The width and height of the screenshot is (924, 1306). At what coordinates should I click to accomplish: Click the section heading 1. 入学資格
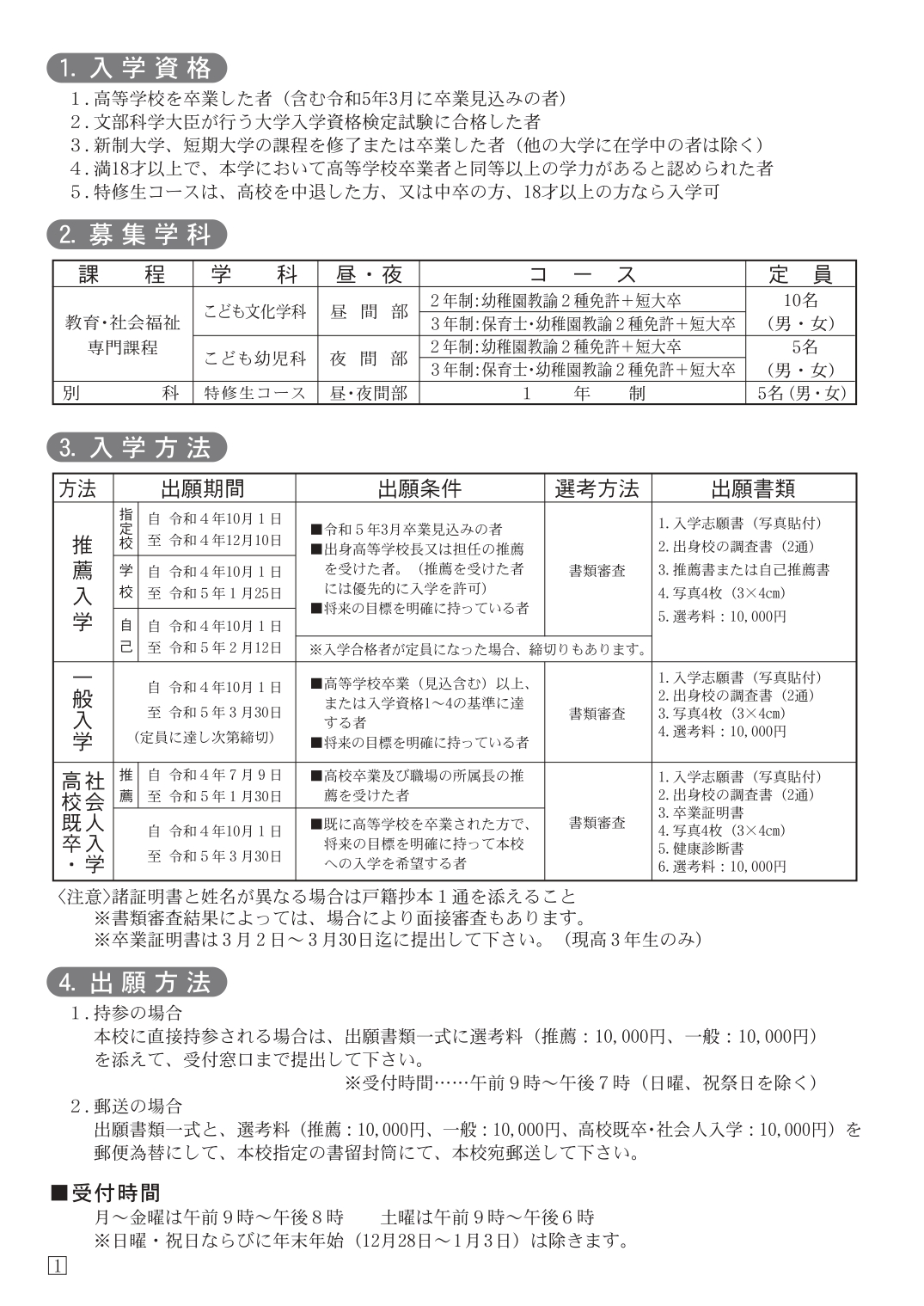(138, 68)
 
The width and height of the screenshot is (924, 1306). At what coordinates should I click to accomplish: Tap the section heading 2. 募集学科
(138, 235)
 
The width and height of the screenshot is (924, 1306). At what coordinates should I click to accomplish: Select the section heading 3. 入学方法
(138, 448)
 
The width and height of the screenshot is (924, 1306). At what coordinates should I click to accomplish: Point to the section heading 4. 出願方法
(138, 983)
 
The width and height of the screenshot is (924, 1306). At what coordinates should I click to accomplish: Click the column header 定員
(800, 274)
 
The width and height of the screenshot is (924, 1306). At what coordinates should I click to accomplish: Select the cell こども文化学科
(254, 311)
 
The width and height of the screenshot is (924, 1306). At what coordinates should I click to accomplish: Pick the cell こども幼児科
(254, 358)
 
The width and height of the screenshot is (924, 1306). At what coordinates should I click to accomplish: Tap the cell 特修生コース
(254, 393)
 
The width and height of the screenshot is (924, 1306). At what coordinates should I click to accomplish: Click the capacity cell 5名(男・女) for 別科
(801, 393)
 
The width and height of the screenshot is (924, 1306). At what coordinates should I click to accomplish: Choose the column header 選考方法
(597, 488)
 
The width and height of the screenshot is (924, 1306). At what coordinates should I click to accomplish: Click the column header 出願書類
(753, 488)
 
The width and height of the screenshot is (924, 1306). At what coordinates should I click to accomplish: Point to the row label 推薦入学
(83, 582)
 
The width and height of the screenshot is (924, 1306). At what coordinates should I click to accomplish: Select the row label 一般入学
(83, 711)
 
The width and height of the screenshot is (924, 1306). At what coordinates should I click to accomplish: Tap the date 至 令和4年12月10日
(215, 540)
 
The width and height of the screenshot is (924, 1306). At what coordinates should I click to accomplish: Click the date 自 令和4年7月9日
(215, 775)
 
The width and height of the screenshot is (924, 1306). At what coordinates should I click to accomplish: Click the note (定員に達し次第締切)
(205, 737)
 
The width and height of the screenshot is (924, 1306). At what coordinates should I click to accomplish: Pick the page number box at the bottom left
(58, 1266)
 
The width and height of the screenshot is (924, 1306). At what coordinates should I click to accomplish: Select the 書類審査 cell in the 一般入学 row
(597, 714)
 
